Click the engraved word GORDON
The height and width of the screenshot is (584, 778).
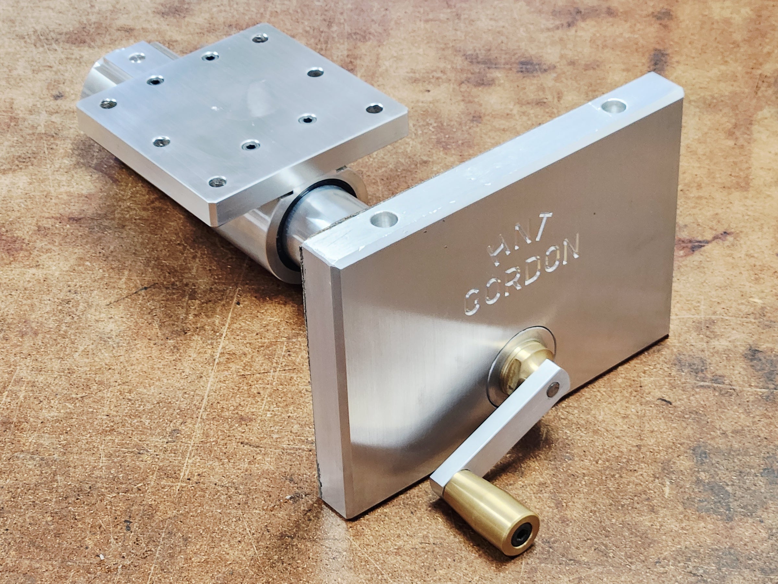coord(521,274)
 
